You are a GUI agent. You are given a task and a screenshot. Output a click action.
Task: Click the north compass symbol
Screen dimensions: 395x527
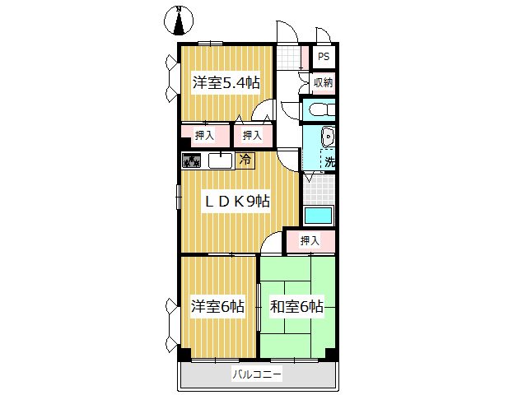tap(180, 21)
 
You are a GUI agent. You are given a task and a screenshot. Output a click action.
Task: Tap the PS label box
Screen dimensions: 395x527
tap(324, 57)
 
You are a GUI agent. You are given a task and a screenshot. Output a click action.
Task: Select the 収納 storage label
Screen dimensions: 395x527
tap(323, 82)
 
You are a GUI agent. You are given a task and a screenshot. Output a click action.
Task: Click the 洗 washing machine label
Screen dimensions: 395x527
tap(329, 162)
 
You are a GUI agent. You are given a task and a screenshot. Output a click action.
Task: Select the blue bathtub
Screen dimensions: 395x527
tap(318, 216)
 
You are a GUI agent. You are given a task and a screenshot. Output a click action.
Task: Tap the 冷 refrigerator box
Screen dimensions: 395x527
tap(245, 160)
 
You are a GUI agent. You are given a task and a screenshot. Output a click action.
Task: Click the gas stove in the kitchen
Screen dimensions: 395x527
tap(192, 160)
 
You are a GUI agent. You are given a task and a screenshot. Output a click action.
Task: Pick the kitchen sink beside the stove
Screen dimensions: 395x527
tap(220, 160)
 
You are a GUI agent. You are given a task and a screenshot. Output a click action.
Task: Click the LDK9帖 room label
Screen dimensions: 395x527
tap(237, 201)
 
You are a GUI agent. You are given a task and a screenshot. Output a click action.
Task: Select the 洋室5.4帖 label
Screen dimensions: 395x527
tap(226, 82)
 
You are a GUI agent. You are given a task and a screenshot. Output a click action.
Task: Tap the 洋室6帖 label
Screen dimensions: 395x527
tap(217, 307)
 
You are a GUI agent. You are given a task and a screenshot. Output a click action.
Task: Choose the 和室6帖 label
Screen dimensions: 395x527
tap(296, 307)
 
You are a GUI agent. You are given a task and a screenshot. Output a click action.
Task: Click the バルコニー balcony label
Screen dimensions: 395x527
tap(256, 374)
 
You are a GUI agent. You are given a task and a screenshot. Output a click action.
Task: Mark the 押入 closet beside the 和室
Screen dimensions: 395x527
tap(310, 240)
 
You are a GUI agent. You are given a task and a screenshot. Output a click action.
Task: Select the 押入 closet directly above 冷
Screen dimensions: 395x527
tap(252, 135)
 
